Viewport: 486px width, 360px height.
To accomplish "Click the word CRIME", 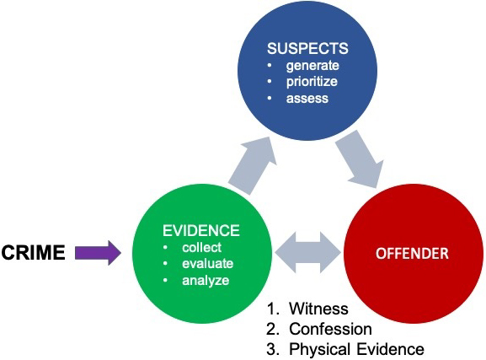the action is click(x=33, y=252).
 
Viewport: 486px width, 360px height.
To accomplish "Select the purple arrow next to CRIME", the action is click(x=98, y=253).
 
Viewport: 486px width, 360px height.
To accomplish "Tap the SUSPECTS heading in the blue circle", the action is click(x=307, y=48).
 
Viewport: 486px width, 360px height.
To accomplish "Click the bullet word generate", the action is click(x=312, y=66).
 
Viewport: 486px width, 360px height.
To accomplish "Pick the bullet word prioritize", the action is click(x=312, y=82).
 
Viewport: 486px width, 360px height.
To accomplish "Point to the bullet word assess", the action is click(x=307, y=99).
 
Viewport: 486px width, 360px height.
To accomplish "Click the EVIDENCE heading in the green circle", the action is click(x=201, y=231).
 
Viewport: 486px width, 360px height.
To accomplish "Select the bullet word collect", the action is click(x=202, y=247).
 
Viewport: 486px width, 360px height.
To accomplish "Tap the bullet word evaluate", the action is click(x=208, y=264).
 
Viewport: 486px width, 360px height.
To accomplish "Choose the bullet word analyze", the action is click(x=206, y=281).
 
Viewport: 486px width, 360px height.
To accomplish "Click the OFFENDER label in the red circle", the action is click(x=412, y=254).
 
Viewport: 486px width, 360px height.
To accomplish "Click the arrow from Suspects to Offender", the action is click(x=360, y=159).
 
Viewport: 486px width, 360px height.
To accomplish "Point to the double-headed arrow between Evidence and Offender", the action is click(x=307, y=252).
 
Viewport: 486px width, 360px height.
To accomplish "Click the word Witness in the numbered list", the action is click(x=318, y=309).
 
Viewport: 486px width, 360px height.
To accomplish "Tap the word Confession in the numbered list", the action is click(x=330, y=329).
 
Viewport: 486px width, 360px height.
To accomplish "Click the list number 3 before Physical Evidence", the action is click(x=271, y=349).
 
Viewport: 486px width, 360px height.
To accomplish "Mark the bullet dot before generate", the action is click(x=270, y=65).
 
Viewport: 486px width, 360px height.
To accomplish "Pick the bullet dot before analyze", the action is click(x=165, y=280).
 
